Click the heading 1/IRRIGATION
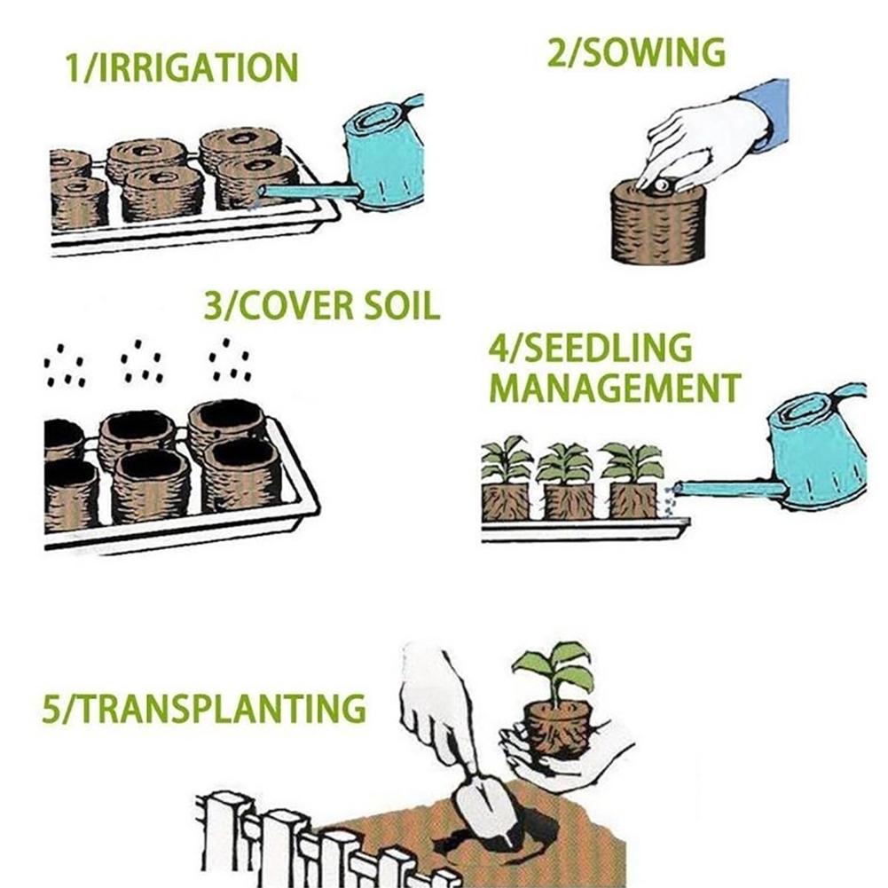pyautogui.click(x=182, y=68)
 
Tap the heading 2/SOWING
pyautogui.click(x=636, y=53)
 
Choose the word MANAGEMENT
pyautogui.click(x=615, y=388)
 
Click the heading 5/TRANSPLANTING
pyautogui.click(x=203, y=709)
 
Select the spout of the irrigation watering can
pyautogui.click(x=302, y=191)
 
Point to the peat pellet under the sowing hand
pyautogui.click(x=658, y=226)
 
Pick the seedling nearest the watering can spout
pyautogui.click(x=633, y=461)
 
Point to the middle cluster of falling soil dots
pyautogui.click(x=142, y=364)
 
